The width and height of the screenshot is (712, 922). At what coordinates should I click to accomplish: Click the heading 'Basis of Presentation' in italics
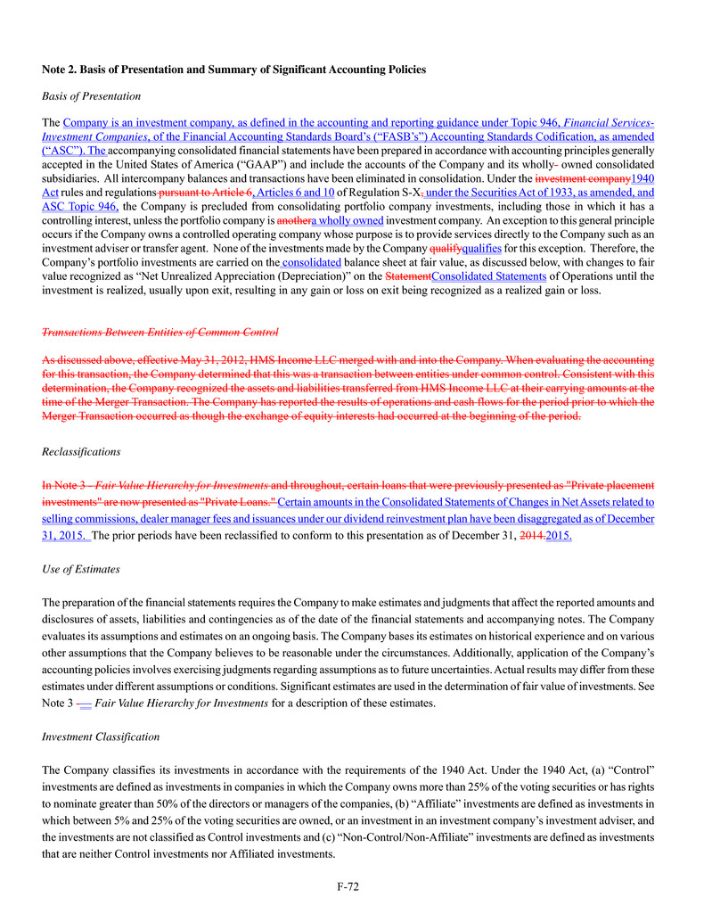(x=91, y=95)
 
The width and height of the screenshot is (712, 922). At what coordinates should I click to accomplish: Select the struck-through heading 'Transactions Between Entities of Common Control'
(x=160, y=332)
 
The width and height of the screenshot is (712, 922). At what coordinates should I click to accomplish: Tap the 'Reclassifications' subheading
(x=81, y=452)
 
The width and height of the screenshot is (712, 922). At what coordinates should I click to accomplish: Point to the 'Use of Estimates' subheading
(x=81, y=568)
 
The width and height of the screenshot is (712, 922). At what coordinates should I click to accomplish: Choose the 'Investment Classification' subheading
(x=101, y=737)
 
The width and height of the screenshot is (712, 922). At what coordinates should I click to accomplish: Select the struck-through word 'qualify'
(x=446, y=248)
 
